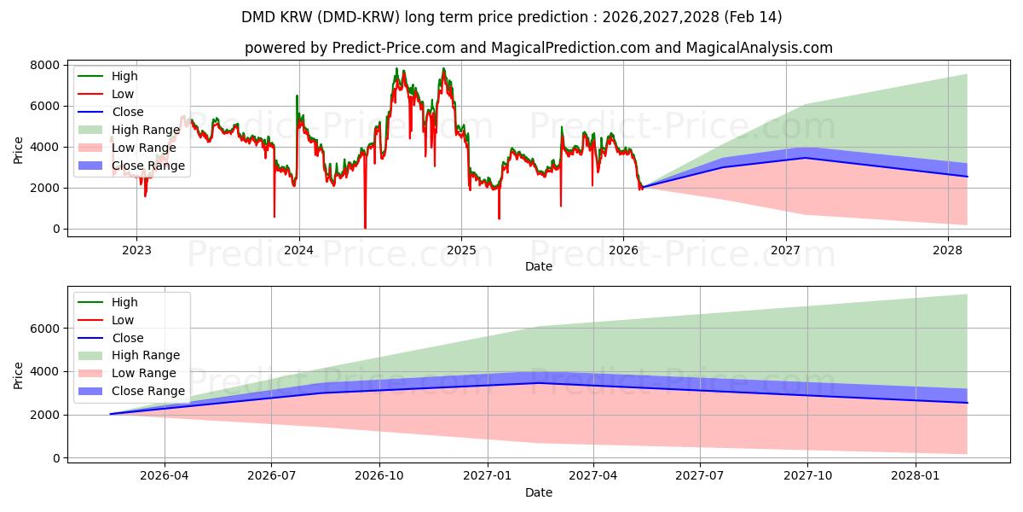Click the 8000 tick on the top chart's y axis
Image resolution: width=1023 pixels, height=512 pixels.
(x=46, y=65)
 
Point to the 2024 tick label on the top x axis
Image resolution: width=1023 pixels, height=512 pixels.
(x=298, y=250)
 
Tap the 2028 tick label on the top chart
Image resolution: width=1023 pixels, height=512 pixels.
(x=948, y=250)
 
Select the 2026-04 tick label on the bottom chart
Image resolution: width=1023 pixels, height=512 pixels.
(x=165, y=475)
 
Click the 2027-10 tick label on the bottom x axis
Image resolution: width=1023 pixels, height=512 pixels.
(x=807, y=475)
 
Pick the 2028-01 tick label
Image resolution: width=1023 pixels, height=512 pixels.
(x=915, y=475)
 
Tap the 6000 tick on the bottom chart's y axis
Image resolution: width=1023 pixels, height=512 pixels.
(x=46, y=329)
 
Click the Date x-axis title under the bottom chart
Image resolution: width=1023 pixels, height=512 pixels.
(x=538, y=492)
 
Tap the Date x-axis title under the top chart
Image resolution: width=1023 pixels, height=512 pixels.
(x=538, y=266)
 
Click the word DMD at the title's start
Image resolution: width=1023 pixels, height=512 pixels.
(x=260, y=17)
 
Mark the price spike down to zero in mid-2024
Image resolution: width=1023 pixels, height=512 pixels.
(x=365, y=228)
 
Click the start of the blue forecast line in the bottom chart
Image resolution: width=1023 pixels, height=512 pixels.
(x=111, y=414)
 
